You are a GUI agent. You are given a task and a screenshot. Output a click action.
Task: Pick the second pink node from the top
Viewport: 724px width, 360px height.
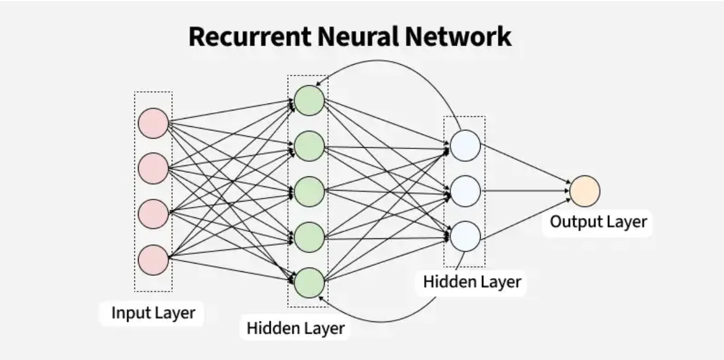pos(153,168)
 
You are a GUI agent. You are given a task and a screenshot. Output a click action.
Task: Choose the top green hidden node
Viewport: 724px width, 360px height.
pos(309,101)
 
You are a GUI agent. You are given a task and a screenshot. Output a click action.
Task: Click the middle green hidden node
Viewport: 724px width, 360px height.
pos(309,191)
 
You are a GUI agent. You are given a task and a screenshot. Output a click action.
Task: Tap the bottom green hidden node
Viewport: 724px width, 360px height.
pos(309,283)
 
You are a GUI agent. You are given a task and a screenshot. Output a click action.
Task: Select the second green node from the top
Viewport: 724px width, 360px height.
pos(309,146)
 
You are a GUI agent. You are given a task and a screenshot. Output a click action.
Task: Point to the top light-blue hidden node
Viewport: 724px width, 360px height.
pos(466,146)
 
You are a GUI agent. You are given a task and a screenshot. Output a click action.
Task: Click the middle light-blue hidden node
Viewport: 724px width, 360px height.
pos(466,191)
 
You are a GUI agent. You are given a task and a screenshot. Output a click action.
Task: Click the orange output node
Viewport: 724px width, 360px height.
pos(585,191)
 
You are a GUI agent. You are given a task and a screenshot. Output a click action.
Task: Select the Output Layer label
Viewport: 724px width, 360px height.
pos(598,222)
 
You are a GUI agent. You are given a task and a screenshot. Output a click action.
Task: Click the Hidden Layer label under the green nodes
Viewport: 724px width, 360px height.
pos(296,327)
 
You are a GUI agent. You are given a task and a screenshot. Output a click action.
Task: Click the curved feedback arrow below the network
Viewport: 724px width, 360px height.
pos(398,314)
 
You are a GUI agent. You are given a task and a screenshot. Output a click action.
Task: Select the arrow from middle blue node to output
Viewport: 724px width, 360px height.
pos(523,191)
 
